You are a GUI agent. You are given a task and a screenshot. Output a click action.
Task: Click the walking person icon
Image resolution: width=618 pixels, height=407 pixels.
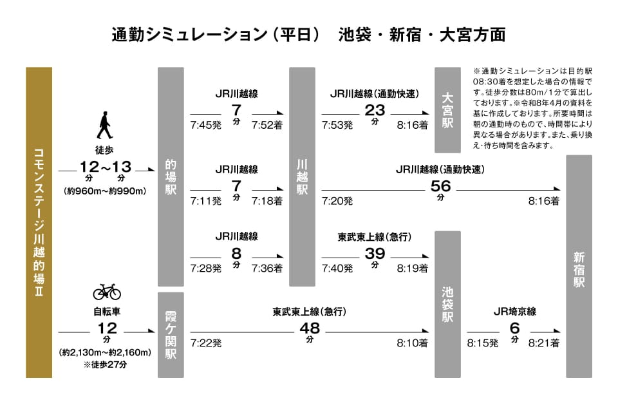click(x=104, y=126)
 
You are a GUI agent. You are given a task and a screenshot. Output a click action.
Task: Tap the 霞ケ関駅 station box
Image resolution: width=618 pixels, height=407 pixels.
click(x=171, y=335)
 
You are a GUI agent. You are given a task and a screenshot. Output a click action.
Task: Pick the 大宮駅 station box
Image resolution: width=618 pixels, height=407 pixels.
click(x=447, y=109)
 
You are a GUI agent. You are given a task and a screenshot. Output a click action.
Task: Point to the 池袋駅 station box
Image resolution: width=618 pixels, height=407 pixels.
click(x=447, y=304)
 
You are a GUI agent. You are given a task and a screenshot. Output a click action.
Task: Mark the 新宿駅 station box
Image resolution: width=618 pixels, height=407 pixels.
click(x=579, y=266)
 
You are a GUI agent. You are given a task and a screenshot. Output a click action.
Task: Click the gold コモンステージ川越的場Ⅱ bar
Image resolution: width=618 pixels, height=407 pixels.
click(x=39, y=222)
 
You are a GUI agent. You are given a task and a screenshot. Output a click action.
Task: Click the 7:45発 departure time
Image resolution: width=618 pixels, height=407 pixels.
click(x=206, y=125)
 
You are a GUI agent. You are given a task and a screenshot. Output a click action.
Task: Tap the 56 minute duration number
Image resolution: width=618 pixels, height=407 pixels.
click(x=441, y=186)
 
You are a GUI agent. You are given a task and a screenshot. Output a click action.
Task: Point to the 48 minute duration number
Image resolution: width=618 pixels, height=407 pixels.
click(x=310, y=328)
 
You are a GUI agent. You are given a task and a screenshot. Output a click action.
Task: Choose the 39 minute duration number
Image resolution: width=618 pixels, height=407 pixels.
click(x=375, y=254)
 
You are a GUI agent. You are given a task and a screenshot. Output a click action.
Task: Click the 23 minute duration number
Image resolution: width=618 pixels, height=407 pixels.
click(x=375, y=109)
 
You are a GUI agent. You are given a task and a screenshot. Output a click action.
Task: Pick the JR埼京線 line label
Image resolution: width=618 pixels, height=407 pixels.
click(x=514, y=312)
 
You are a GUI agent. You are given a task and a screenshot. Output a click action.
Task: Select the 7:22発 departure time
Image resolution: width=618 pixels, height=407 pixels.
click(x=206, y=344)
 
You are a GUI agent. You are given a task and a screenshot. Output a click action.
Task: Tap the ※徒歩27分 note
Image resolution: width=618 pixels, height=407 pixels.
click(x=106, y=364)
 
